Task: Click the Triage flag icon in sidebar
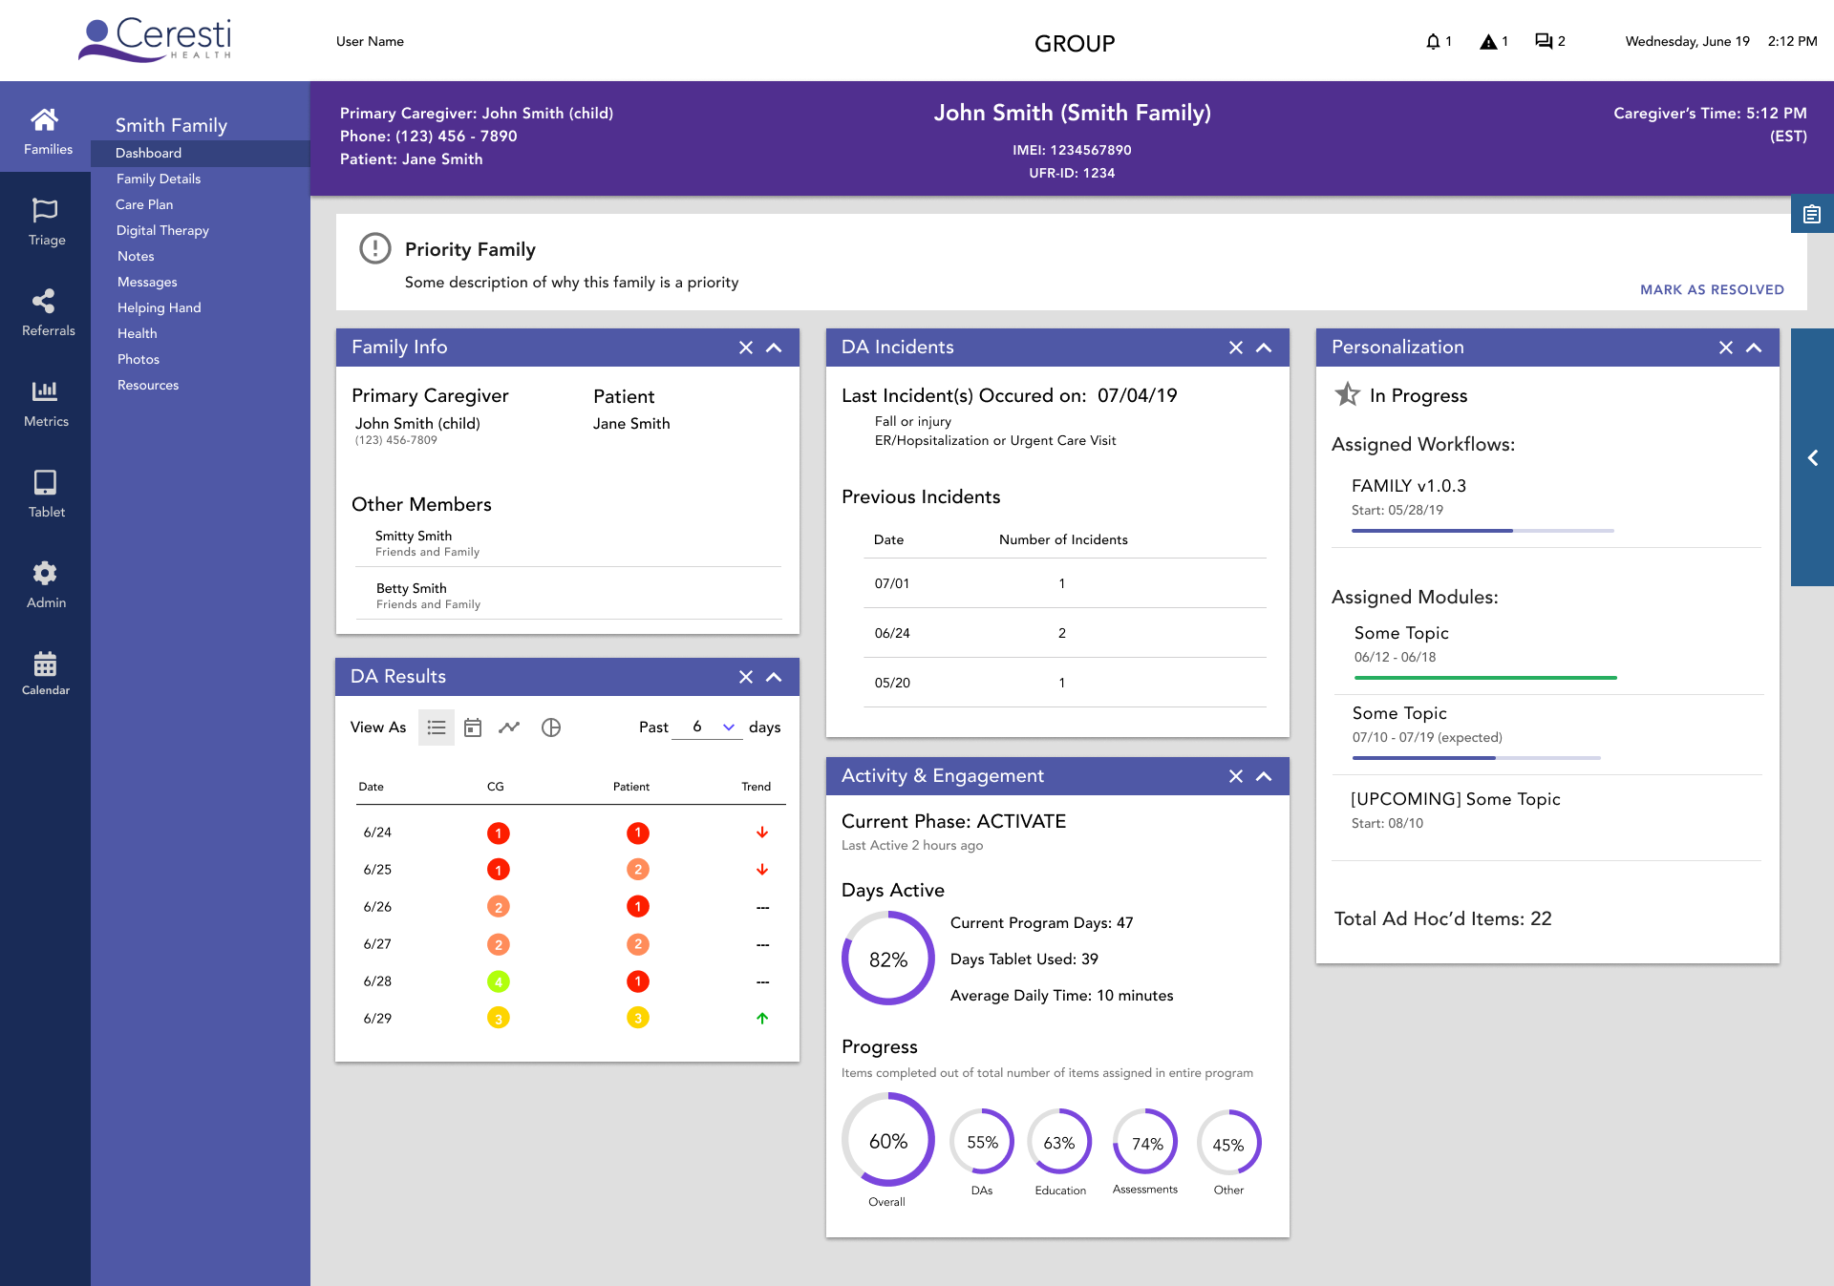click(x=45, y=210)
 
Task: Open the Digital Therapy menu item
click(x=162, y=230)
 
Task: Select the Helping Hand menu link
click(x=159, y=307)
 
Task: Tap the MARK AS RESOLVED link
click(x=1711, y=289)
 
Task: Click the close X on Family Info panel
click(x=746, y=348)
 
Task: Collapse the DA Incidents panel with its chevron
click(x=1264, y=348)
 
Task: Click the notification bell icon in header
click(x=1432, y=41)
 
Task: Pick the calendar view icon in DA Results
click(x=473, y=727)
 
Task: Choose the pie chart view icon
click(x=551, y=727)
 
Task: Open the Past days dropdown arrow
click(x=729, y=727)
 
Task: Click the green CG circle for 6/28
click(x=498, y=981)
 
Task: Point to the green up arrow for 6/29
click(x=762, y=1018)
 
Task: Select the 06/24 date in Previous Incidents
click(x=892, y=633)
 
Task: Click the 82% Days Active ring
click(x=887, y=959)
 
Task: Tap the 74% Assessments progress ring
click(x=1146, y=1143)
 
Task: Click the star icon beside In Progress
click(x=1347, y=394)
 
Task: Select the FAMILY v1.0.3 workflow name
click(x=1408, y=486)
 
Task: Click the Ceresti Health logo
click(x=156, y=40)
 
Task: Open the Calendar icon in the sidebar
click(x=45, y=664)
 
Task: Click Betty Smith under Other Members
click(x=411, y=588)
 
